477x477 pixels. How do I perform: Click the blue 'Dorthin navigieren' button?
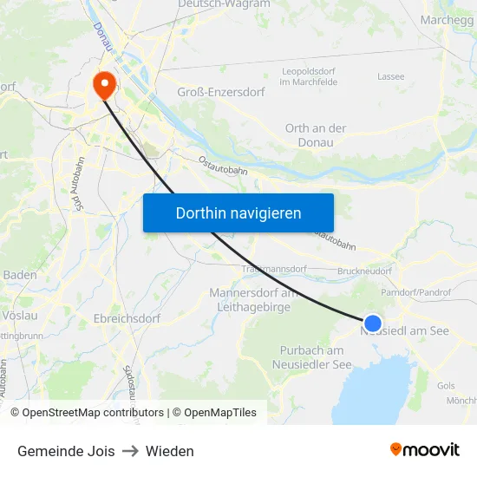tap(238, 212)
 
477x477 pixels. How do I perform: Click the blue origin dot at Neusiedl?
tap(373, 323)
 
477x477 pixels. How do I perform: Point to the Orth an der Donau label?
tap(316, 134)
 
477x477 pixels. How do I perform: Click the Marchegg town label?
tap(445, 19)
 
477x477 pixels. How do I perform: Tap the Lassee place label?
tap(390, 76)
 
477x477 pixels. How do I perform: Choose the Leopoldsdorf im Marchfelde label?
tap(309, 76)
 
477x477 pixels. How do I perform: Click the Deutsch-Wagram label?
tap(224, 4)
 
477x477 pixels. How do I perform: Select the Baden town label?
tap(20, 275)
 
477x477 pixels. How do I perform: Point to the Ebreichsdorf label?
tap(127, 318)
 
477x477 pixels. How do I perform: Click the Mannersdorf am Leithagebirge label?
tap(253, 299)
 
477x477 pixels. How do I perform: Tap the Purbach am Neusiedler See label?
tap(316, 357)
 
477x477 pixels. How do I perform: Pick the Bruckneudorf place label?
tap(364, 271)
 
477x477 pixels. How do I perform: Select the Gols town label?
tap(447, 384)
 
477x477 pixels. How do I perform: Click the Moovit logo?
tap(425, 449)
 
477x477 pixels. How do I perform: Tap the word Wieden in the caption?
tap(170, 451)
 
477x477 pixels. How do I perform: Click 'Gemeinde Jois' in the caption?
tap(66, 451)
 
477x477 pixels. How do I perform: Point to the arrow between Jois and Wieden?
tap(130, 451)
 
